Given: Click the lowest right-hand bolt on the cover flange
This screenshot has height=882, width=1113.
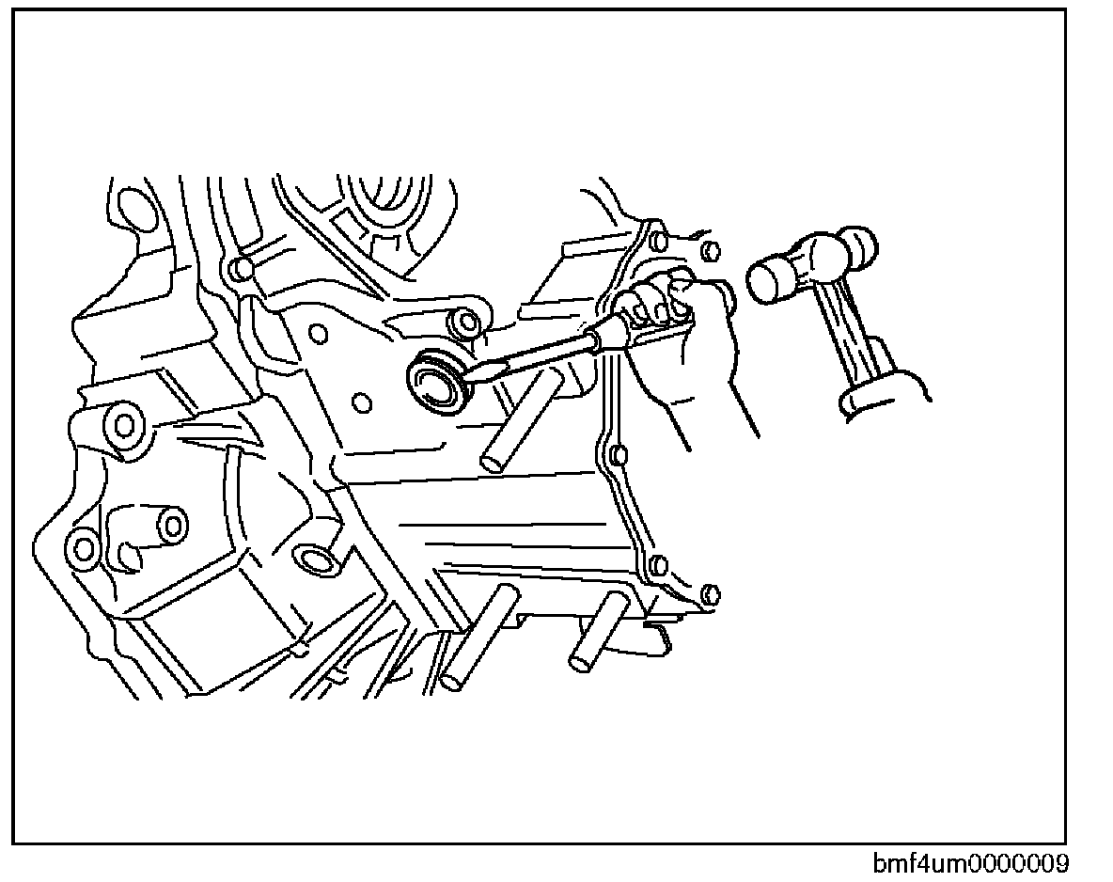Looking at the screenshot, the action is point(711,594).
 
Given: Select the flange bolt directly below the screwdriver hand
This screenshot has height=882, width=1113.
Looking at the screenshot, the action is point(618,457).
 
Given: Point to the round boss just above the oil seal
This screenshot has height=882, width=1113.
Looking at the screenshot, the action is point(462,323).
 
